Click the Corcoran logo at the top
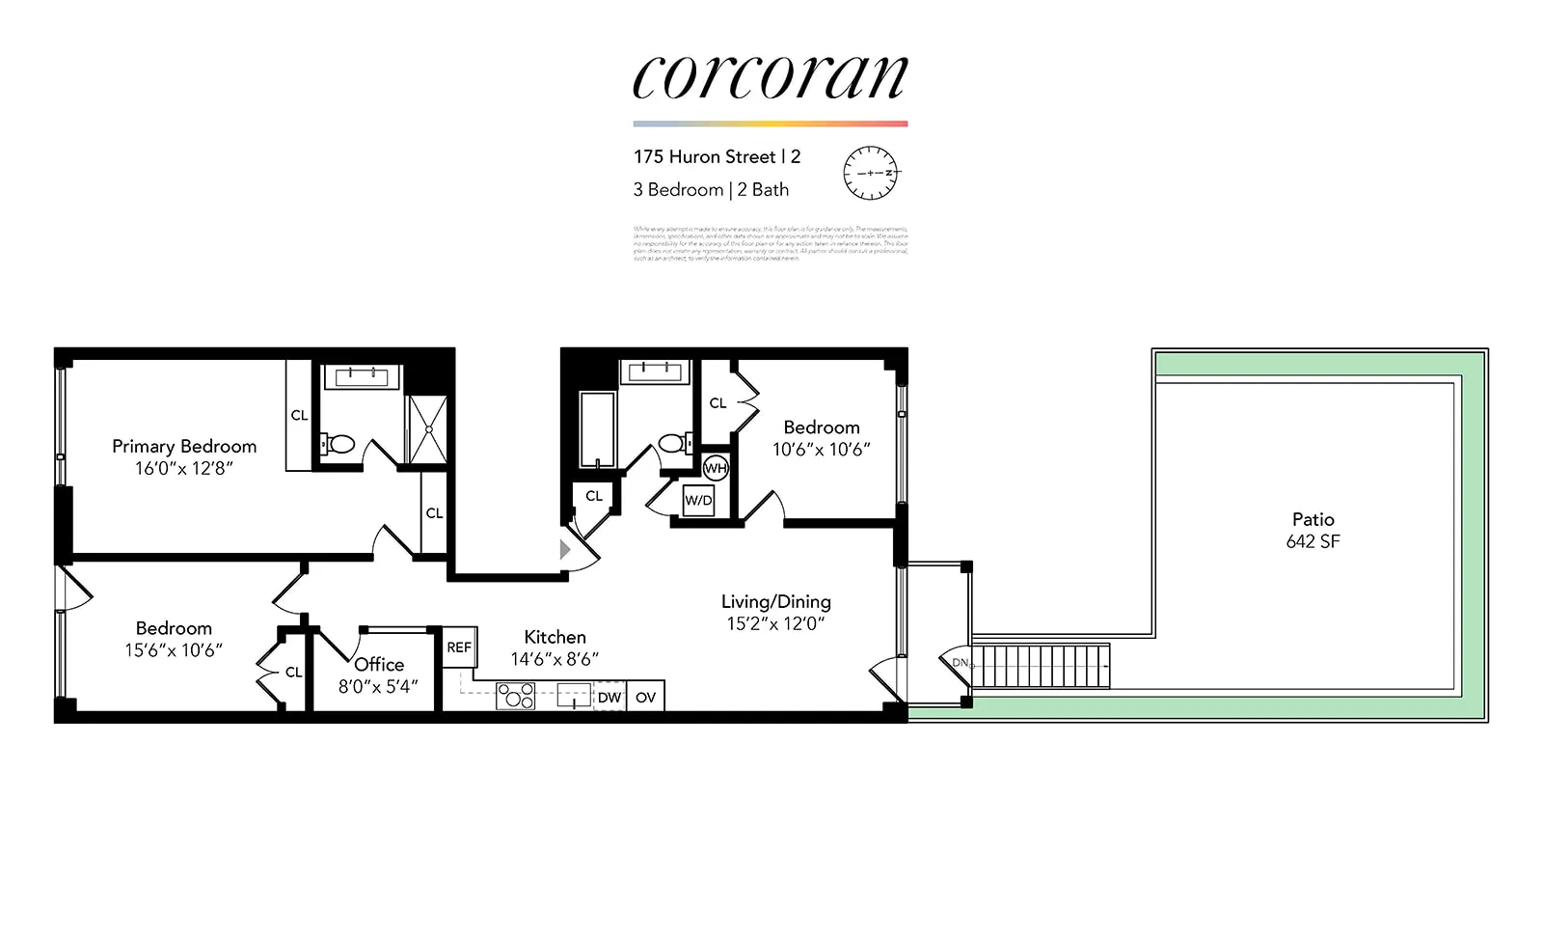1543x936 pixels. pyautogui.click(x=770, y=77)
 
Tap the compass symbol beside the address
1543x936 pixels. pyautogui.click(x=870, y=173)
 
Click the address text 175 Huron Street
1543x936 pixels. pyautogui.click(x=705, y=157)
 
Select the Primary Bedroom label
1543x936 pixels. pyautogui.click(x=184, y=447)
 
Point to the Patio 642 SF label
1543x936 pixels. pyautogui.click(x=1313, y=531)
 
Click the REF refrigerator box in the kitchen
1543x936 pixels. pyautogui.click(x=459, y=647)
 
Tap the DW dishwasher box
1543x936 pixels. pyautogui.click(x=609, y=698)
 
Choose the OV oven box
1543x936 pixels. pyautogui.click(x=645, y=698)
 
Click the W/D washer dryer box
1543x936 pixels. pyautogui.click(x=698, y=501)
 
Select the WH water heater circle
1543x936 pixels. pyautogui.click(x=716, y=469)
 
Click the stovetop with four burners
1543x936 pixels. pyautogui.click(x=515, y=696)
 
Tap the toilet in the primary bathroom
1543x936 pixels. pyautogui.click(x=338, y=445)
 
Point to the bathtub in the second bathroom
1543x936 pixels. pyautogui.click(x=597, y=429)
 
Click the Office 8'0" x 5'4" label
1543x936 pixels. pyautogui.click(x=378, y=674)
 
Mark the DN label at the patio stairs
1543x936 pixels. pyautogui.click(x=960, y=663)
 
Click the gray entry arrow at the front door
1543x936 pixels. pyautogui.click(x=565, y=550)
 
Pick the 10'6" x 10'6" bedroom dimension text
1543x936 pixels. pyautogui.click(x=821, y=450)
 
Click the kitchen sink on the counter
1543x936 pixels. pyautogui.click(x=575, y=696)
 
